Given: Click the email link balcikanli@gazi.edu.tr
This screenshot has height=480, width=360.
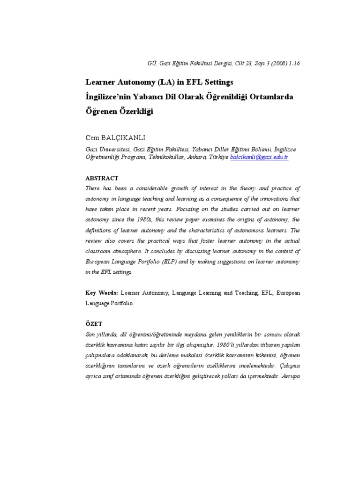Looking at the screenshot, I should [x=259, y=157].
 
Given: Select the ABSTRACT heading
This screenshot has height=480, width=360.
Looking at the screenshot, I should [x=102, y=178].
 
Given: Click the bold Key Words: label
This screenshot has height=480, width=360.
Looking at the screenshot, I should [x=102, y=292].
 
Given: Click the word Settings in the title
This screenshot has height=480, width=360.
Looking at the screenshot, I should [x=216, y=82].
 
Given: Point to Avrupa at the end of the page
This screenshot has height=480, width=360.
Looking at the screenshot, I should [x=290, y=376].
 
